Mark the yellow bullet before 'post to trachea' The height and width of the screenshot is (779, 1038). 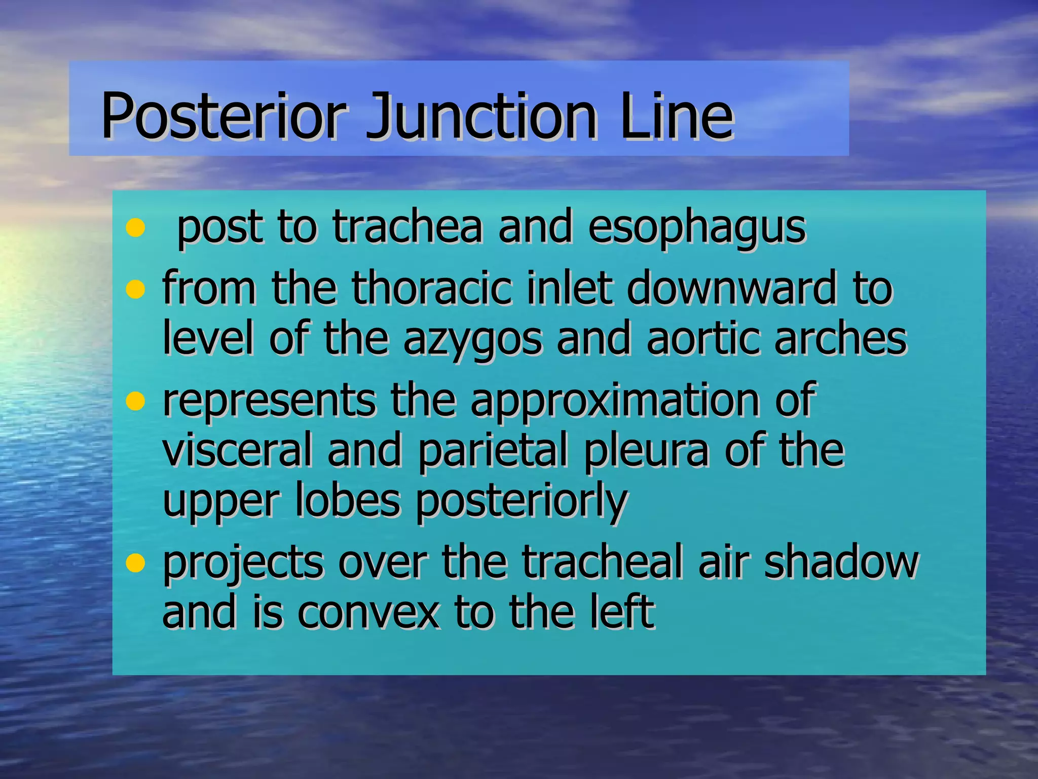[135, 228]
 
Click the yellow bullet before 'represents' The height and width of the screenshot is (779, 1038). [135, 401]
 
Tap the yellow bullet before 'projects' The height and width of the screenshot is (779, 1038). [135, 562]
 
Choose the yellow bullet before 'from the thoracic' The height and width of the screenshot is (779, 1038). [135, 290]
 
